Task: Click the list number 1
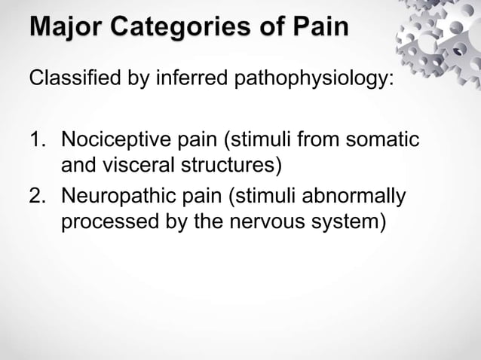[x=37, y=141]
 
